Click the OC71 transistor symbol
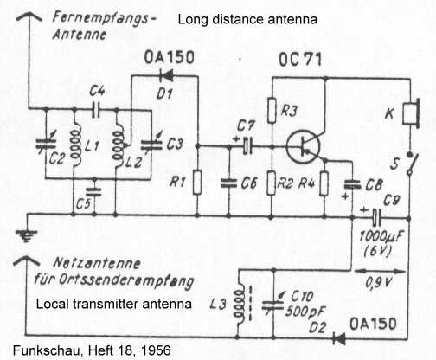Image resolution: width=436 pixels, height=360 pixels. tap(303, 147)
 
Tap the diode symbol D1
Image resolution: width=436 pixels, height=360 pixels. tap(167, 76)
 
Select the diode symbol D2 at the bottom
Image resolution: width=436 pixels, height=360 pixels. tap(339, 338)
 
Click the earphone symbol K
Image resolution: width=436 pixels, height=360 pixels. tap(412, 113)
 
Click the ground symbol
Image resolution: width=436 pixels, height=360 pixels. tap(26, 235)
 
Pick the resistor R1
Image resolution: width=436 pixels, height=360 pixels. tap(197, 182)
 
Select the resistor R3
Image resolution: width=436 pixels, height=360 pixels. tap(272, 111)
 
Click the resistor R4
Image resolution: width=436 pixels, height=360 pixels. tap(324, 183)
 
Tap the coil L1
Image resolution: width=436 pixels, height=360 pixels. tap(76, 147)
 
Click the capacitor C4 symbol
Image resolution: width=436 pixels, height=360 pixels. tap(96, 110)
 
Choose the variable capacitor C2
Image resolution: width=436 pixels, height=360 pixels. tap(46, 145)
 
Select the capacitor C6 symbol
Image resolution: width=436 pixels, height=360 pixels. tap(228, 183)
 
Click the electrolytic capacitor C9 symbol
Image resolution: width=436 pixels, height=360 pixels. tap(376, 218)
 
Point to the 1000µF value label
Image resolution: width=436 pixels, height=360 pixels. tap(381, 236)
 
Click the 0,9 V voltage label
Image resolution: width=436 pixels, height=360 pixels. tap(379, 283)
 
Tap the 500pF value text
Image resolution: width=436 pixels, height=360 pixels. tap(305, 312)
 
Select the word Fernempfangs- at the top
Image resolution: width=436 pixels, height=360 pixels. tap(105, 19)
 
